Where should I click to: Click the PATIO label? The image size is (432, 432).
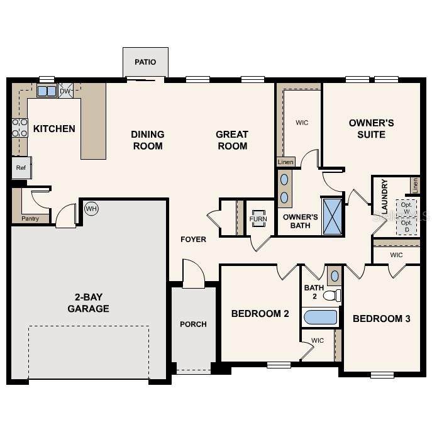tap(145, 62)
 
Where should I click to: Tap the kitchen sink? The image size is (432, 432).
tap(47, 91)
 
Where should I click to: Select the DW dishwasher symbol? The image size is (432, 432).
tap(65, 91)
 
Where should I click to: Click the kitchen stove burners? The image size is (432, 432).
tap(20, 128)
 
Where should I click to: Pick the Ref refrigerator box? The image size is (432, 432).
tap(21, 167)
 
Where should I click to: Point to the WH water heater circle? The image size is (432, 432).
tap(91, 209)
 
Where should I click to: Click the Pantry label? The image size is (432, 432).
tap(30, 218)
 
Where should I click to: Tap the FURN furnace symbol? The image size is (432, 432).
tap(258, 219)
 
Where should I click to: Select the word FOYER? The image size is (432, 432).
tap(194, 240)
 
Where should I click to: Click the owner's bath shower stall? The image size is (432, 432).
tap(333, 216)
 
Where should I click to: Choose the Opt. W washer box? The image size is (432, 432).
tap(406, 208)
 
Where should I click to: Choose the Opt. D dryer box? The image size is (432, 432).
tap(406, 226)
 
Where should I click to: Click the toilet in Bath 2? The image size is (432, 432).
tap(332, 296)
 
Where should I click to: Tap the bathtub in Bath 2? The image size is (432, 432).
tap(321, 318)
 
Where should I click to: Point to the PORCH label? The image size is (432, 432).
tap(194, 324)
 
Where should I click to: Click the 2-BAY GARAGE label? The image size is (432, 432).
tap(89, 303)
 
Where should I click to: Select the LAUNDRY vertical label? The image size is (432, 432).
tap(385, 196)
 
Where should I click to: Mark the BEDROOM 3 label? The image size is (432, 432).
tap(382, 319)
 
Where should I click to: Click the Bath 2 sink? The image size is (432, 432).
tap(335, 276)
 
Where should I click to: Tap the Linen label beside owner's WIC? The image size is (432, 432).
tap(285, 162)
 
